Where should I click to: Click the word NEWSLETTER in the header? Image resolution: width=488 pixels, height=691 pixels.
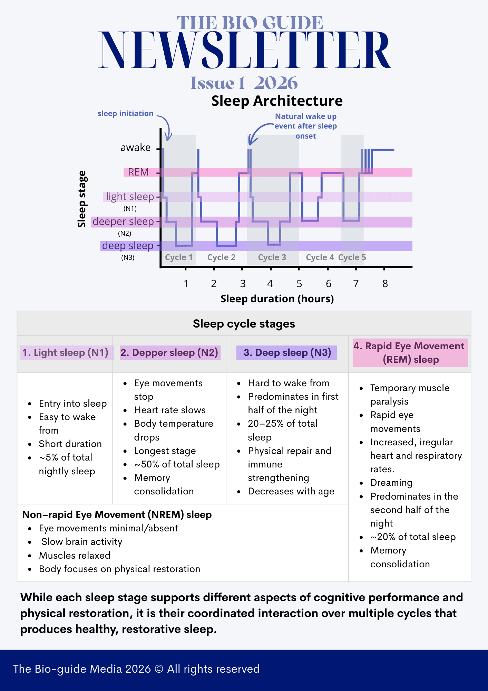tap(244, 50)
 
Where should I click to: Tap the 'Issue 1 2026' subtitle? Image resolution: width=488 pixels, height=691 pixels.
tap(244, 83)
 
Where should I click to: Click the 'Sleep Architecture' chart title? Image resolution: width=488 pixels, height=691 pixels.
tap(277, 101)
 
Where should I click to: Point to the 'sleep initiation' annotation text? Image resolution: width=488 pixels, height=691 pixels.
tap(125, 114)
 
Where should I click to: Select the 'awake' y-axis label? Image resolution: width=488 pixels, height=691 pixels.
tap(135, 148)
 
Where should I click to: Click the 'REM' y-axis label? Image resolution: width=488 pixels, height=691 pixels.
tap(138, 172)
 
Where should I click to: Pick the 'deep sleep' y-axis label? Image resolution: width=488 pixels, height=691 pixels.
tap(128, 246)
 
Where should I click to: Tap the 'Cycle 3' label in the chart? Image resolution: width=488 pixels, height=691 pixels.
tap(272, 257)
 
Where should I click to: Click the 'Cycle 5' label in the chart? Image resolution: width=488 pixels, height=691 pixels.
tap(352, 257)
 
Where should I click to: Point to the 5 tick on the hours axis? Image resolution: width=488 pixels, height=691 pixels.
tap(299, 284)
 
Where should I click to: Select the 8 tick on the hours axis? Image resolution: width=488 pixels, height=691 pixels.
tap(385, 284)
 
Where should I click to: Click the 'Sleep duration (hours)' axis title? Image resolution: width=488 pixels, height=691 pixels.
tap(277, 299)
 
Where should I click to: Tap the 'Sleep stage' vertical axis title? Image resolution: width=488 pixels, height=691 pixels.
tap(82, 199)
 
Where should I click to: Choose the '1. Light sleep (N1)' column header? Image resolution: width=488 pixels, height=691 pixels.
tap(65, 353)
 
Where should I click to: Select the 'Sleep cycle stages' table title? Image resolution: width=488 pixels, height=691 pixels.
tap(244, 324)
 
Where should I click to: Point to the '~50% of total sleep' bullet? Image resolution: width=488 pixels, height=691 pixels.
tap(177, 464)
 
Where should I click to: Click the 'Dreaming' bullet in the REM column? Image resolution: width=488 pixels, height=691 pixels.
tap(391, 483)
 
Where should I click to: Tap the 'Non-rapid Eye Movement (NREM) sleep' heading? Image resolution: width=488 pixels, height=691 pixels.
tap(117, 515)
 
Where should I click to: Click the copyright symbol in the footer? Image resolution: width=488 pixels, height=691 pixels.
tap(159, 669)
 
